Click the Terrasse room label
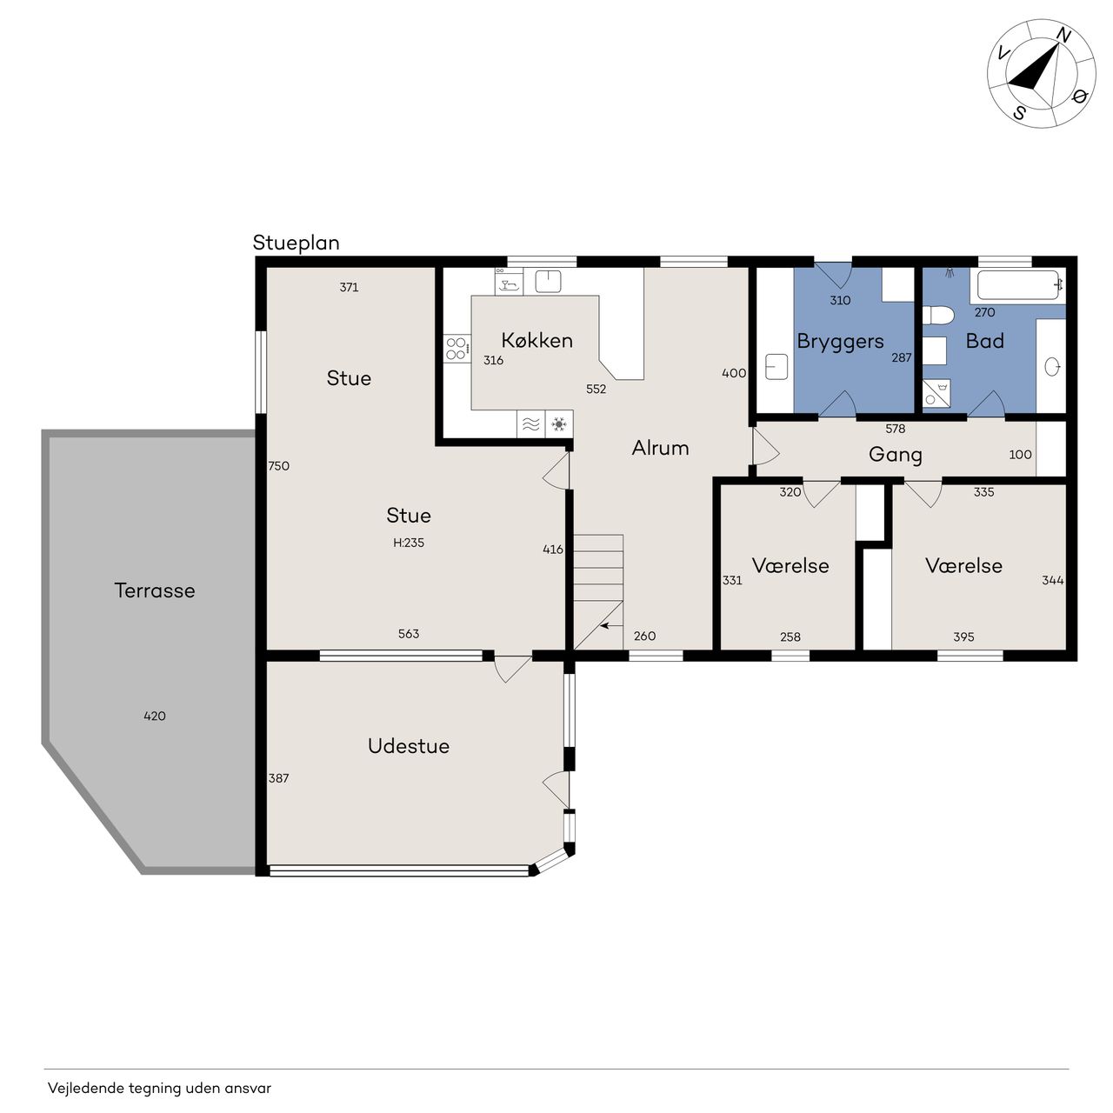(154, 590)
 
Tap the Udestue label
(409, 746)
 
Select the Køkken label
(537, 340)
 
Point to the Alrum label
(660, 448)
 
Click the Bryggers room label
(840, 342)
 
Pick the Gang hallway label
(896, 455)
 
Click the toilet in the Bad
(936, 316)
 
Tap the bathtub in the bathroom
(1017, 284)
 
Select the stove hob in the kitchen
(457, 350)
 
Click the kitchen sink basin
(548, 281)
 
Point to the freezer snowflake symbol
(558, 424)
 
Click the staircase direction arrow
(611, 625)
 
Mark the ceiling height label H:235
(409, 543)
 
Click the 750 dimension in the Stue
(278, 465)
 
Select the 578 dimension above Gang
(896, 429)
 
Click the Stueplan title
(296, 243)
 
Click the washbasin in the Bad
(1052, 366)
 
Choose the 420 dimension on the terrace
(154, 716)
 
